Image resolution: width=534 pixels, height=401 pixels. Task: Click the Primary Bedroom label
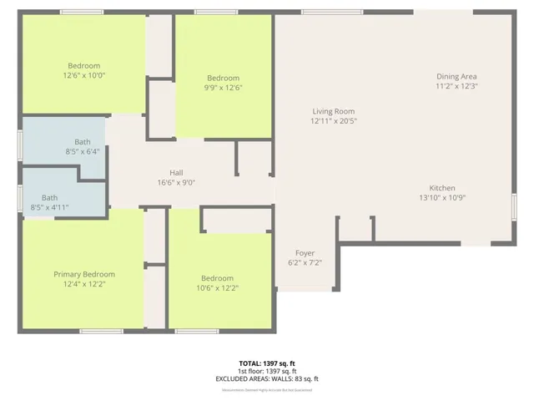tap(84, 274)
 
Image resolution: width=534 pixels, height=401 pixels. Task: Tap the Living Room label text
tap(334, 111)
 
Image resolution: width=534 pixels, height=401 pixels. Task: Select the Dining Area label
tap(456, 77)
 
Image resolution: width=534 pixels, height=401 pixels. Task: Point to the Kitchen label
tap(441, 188)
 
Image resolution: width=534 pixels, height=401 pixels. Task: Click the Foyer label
tap(305, 252)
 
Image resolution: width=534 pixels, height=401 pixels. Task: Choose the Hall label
tap(176, 173)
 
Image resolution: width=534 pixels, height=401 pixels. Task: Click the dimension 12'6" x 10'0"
tap(84, 76)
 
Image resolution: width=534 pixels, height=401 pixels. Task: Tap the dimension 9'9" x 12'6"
tap(223, 88)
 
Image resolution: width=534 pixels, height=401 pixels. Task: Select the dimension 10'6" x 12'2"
tap(217, 288)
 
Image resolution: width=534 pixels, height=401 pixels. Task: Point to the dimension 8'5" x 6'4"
tap(83, 151)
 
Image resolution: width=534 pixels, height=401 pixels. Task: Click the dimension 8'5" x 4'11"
tap(49, 207)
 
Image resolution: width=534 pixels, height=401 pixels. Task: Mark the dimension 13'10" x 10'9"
tap(441, 198)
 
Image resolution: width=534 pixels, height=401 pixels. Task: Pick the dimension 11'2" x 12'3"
tap(456, 87)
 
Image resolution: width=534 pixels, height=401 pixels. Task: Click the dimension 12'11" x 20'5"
tap(334, 121)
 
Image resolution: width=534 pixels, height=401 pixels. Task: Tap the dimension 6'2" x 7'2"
tap(305, 262)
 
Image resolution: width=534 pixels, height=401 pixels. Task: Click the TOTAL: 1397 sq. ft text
tap(267, 363)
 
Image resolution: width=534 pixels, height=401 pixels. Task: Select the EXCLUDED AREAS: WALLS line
tap(267, 378)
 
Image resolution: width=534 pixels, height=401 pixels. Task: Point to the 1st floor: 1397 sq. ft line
tap(267, 371)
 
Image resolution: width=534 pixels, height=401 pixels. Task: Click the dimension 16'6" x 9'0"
tap(176, 183)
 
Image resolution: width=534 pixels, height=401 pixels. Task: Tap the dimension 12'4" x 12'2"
tap(84, 284)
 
